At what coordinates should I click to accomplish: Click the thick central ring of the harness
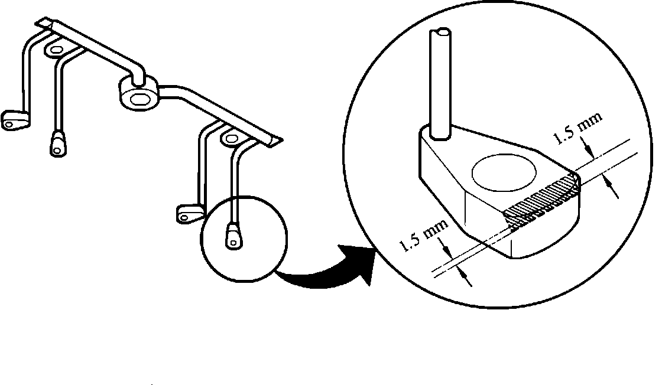pos(139,93)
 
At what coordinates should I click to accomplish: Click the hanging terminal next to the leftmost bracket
pos(57,144)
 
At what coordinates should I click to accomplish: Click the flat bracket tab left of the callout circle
pos(187,213)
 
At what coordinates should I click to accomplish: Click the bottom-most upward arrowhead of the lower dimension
pos(466,276)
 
